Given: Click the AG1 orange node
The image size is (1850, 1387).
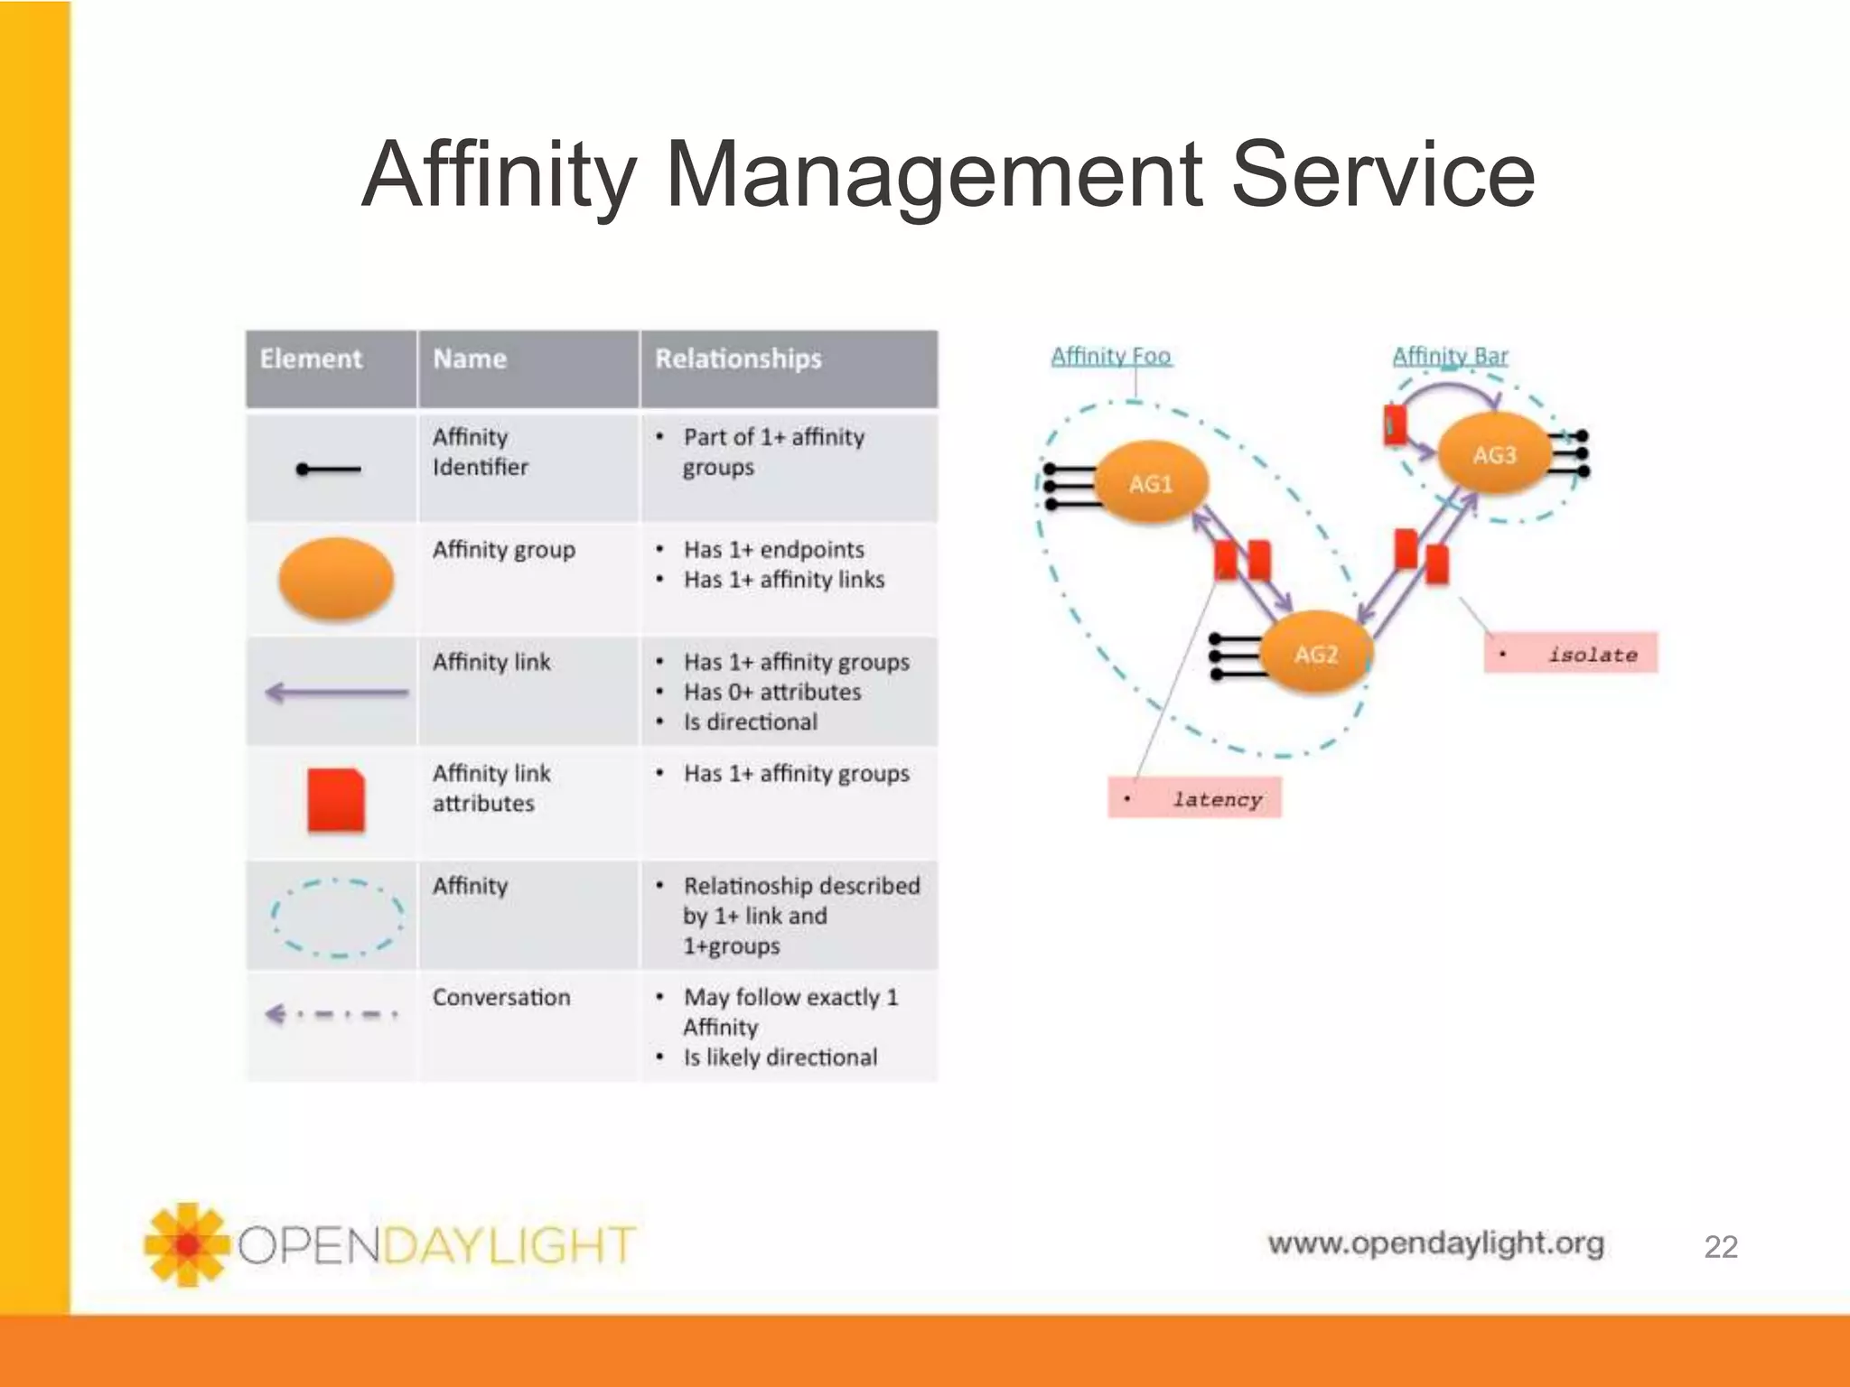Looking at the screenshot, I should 1150,483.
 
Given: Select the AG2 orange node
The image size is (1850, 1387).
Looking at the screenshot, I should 1315,653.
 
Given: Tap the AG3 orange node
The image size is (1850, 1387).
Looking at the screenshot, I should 1494,454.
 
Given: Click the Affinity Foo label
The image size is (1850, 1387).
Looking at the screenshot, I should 1110,356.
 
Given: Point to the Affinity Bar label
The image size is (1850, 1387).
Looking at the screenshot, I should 1449,356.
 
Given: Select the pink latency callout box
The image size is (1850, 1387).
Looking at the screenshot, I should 1194,798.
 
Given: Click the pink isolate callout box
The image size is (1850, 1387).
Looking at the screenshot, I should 1570,653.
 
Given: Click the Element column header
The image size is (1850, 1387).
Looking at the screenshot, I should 311,359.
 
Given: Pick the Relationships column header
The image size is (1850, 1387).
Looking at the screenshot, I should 738,359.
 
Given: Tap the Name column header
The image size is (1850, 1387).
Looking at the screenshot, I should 469,359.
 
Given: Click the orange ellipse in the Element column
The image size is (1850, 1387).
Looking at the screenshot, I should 336,579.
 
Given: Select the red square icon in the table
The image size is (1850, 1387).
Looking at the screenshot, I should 336,800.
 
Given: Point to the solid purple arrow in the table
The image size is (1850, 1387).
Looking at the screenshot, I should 336,693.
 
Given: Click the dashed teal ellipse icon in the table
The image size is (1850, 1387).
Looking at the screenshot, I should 337,917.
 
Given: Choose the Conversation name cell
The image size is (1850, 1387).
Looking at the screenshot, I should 501,998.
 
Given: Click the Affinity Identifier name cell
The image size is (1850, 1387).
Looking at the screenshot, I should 480,451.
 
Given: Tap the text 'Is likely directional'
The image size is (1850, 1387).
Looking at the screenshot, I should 780,1057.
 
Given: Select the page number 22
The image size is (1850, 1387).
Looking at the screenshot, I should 1720,1247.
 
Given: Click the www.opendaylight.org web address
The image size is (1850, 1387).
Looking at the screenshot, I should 1435,1243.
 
